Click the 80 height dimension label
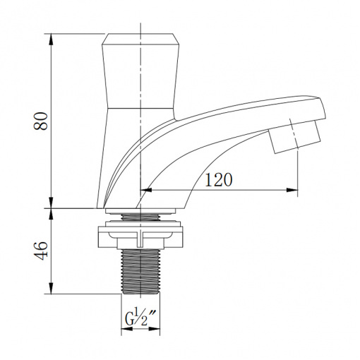(x=40, y=121)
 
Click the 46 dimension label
(x=40, y=251)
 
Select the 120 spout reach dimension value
(x=219, y=180)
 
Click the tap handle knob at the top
(x=140, y=71)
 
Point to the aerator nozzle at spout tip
(x=294, y=137)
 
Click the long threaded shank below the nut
(x=140, y=271)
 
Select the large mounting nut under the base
(x=140, y=237)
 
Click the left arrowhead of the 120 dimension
(x=146, y=190)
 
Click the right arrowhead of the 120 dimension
(x=292, y=190)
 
